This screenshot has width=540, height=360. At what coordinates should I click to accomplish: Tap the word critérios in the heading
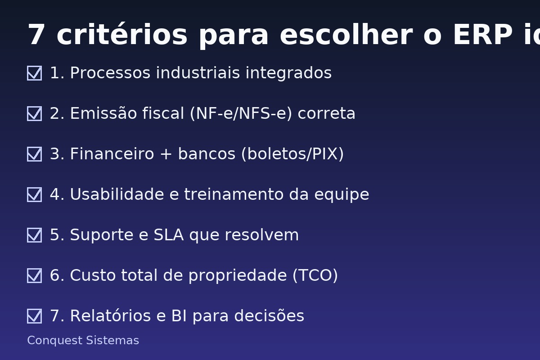click(x=121, y=35)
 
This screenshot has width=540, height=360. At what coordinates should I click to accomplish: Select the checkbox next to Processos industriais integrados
click(x=34, y=73)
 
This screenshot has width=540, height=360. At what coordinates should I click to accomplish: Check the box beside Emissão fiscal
click(x=34, y=113)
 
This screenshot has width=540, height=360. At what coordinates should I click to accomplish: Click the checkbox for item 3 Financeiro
click(x=34, y=154)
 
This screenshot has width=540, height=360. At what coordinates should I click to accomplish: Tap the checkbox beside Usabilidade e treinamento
click(x=34, y=194)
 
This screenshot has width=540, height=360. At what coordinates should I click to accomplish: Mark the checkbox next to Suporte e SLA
click(x=34, y=235)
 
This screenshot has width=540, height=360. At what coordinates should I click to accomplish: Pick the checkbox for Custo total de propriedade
click(x=34, y=275)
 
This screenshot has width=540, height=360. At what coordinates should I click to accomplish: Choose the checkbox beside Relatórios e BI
click(x=34, y=316)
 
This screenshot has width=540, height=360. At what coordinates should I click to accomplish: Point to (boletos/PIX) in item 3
click(x=292, y=154)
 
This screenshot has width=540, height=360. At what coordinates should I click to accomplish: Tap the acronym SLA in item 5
click(x=169, y=235)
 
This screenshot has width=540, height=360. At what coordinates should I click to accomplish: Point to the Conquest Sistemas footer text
click(x=83, y=341)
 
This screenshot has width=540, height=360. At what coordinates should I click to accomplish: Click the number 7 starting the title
click(x=36, y=35)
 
